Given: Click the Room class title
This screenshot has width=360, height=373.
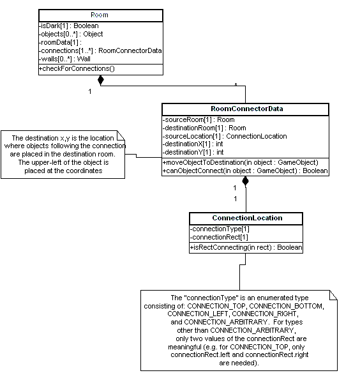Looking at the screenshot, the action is coord(100,15).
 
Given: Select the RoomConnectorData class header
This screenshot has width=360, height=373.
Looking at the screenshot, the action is coord(247,109).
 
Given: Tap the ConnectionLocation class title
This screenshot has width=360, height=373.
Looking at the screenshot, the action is coord(247,218).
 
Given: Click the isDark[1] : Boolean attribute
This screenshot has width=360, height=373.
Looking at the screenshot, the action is coord(69,26).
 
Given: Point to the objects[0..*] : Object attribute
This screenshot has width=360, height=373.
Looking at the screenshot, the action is coord(71,34).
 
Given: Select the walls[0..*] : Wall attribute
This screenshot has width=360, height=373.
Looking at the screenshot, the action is coord(64,59).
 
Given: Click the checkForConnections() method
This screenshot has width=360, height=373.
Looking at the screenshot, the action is coord(77,68).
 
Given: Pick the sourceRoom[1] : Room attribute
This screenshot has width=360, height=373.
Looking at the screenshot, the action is coord(199,119).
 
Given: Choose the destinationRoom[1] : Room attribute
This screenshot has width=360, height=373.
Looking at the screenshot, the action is coord(204,128).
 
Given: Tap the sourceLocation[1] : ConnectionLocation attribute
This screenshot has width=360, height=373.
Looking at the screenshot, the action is coord(225,136).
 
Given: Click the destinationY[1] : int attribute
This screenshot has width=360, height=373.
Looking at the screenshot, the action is coord(193,152).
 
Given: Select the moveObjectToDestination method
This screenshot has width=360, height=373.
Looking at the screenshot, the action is coord(241,162).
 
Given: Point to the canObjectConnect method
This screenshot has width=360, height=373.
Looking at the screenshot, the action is coord(245,171).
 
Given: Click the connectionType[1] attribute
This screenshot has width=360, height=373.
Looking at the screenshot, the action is coord(220,229).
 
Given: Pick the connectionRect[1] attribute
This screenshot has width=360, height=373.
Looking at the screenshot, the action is coord(219,237).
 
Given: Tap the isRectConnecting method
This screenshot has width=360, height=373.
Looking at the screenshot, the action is coord(246,247).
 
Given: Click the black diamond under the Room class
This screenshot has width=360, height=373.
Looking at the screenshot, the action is coord(101,80).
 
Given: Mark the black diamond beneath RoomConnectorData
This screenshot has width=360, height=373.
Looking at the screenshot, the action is coord(245,181).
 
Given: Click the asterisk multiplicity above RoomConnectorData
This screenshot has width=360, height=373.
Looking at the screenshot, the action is coord(236,84).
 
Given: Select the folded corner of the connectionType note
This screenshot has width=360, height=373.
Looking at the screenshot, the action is coord(333,295).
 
